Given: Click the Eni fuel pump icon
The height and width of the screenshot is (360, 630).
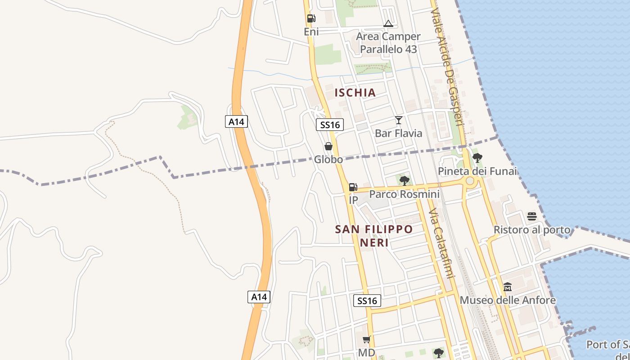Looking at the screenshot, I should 311,18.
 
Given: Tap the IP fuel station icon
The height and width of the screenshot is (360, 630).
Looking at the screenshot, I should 353,187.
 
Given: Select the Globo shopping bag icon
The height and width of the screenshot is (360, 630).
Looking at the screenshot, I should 328,146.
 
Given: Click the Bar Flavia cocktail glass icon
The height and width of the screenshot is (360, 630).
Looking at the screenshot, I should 398,120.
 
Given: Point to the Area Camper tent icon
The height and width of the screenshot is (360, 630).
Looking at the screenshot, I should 388,23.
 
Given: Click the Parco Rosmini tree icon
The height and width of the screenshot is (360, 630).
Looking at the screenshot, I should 405,181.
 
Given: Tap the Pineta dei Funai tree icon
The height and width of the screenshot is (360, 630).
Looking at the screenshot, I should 477,158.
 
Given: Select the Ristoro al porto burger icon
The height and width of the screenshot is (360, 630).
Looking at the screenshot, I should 532,216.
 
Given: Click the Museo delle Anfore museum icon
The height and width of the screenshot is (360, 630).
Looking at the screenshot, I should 508,287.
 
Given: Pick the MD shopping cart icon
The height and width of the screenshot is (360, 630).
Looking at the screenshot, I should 367,339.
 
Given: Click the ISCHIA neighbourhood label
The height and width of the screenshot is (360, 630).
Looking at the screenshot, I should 355,93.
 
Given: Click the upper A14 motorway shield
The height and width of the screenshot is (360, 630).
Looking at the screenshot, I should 236,121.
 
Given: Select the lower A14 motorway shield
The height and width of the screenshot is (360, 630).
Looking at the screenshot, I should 259,297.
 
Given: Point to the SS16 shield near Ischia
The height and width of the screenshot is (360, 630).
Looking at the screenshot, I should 330,125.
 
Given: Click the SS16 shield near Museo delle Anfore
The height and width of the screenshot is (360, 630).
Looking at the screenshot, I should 367,301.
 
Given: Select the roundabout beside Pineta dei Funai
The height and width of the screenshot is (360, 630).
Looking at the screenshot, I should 470,181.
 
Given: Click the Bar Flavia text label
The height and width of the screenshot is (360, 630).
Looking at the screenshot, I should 399,133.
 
